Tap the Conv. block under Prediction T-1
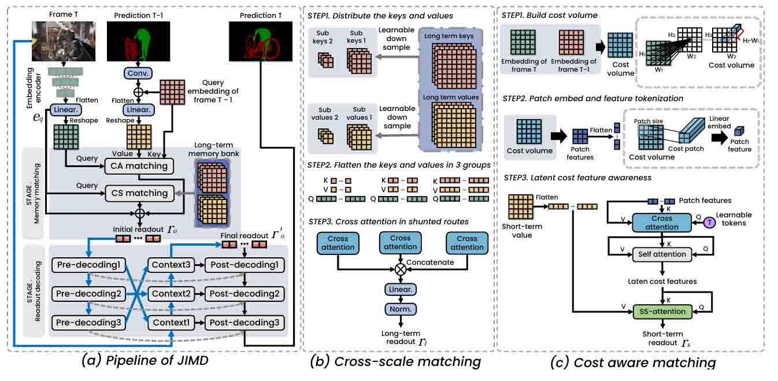point(138,74)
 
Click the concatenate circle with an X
point(399,268)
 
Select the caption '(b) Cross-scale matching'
point(395,362)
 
